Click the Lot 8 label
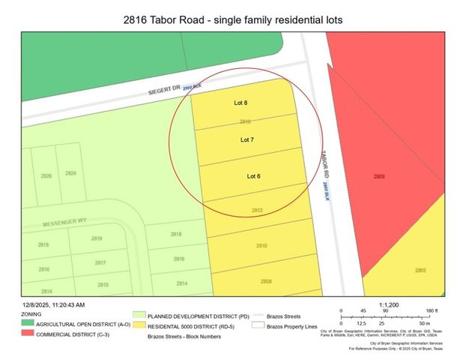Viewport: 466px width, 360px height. click(x=240, y=103)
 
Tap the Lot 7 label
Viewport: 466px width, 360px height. click(x=247, y=139)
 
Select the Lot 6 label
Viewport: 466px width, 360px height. click(x=254, y=176)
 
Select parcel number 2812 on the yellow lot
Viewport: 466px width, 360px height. click(x=256, y=211)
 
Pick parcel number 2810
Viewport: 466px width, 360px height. click(x=261, y=246)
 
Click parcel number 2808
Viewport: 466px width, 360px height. click(x=266, y=281)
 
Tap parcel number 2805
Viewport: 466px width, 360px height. click(x=420, y=270)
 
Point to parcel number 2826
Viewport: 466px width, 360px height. click(x=46, y=175)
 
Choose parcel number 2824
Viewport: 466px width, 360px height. click(x=70, y=173)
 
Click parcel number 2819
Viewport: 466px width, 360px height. click(x=96, y=238)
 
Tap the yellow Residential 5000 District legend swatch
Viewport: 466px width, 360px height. click(x=138, y=326)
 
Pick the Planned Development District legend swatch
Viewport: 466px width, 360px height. click(x=138, y=316)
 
